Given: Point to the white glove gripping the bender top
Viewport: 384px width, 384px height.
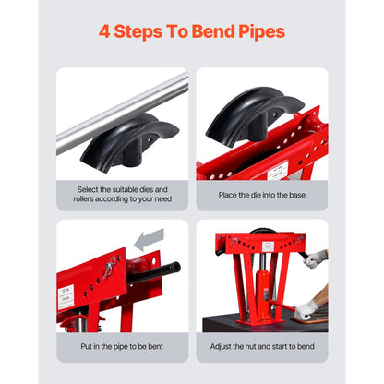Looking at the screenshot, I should pyautogui.click(x=316, y=258).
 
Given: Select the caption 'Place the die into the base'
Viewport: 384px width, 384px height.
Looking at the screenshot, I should pyautogui.click(x=260, y=194).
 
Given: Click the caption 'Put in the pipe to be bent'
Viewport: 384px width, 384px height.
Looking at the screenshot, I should pyautogui.click(x=123, y=346).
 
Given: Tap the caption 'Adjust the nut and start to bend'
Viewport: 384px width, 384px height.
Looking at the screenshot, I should pyautogui.click(x=260, y=346).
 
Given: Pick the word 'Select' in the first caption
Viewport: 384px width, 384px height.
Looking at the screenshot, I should pyautogui.click(x=89, y=188).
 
